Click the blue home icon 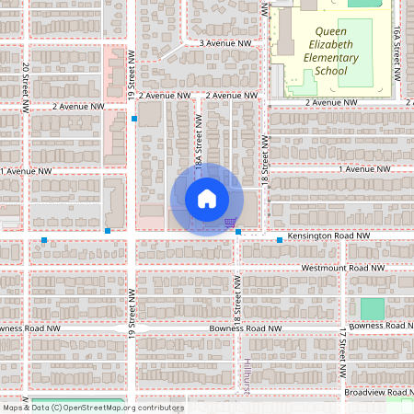pos(207,199)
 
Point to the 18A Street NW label pos(199,147)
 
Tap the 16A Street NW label pos(397,46)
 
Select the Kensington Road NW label pos(327,236)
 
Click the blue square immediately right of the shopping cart pos(238,233)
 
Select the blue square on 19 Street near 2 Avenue pos(134,119)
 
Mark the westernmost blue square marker pos(44,240)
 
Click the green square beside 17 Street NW pos(372,309)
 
